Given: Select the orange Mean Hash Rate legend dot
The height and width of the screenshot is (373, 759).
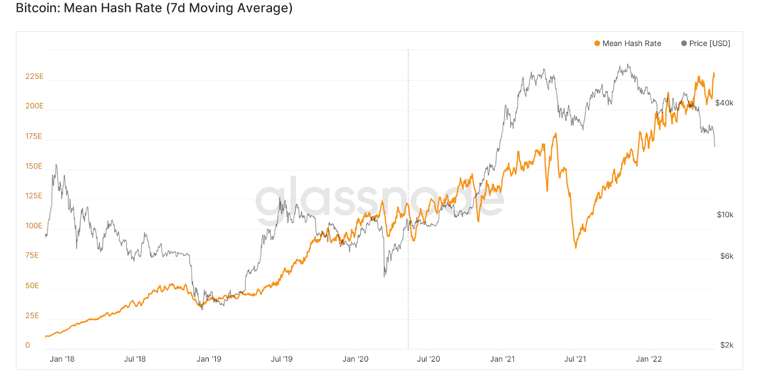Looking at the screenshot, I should click(x=597, y=43).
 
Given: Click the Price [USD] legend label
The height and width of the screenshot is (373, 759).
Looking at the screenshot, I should click(x=709, y=43).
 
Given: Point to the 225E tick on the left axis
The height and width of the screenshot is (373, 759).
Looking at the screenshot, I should click(x=34, y=76).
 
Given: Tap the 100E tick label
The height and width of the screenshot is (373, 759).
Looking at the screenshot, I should click(x=34, y=226).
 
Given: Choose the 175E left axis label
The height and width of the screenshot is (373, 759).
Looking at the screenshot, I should click(x=34, y=136).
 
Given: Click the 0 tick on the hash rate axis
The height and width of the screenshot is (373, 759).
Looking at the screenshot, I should click(x=28, y=345).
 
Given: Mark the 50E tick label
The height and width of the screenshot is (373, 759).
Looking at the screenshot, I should click(x=32, y=286).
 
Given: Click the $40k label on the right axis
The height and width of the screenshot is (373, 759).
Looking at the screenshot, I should click(x=724, y=103).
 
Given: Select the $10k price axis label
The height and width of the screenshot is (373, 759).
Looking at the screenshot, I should click(x=725, y=215).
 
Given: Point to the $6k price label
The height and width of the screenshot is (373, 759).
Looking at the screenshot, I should click(x=726, y=256).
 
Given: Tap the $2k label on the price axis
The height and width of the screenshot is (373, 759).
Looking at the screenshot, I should click(x=726, y=345).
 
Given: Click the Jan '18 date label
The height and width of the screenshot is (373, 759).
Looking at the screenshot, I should click(x=62, y=359).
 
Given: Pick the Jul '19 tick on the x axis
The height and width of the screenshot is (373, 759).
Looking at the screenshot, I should click(x=281, y=359).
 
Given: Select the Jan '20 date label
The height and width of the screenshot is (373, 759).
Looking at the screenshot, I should click(x=355, y=359).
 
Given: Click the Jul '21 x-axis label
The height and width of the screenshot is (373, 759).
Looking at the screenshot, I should click(x=575, y=359).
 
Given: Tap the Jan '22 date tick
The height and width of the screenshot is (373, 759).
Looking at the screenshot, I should click(x=648, y=359).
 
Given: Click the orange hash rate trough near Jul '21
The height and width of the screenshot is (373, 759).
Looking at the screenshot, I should click(x=576, y=247).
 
